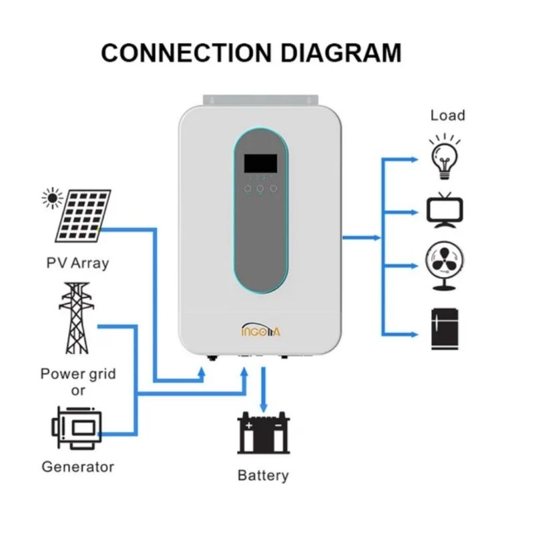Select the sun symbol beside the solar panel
[51, 198]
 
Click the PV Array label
[77, 262]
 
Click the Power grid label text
[78, 373]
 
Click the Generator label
[77, 467]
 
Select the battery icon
[264, 434]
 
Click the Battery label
[263, 475]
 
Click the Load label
[447, 115]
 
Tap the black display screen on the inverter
[260, 162]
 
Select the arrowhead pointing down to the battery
[264, 407]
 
